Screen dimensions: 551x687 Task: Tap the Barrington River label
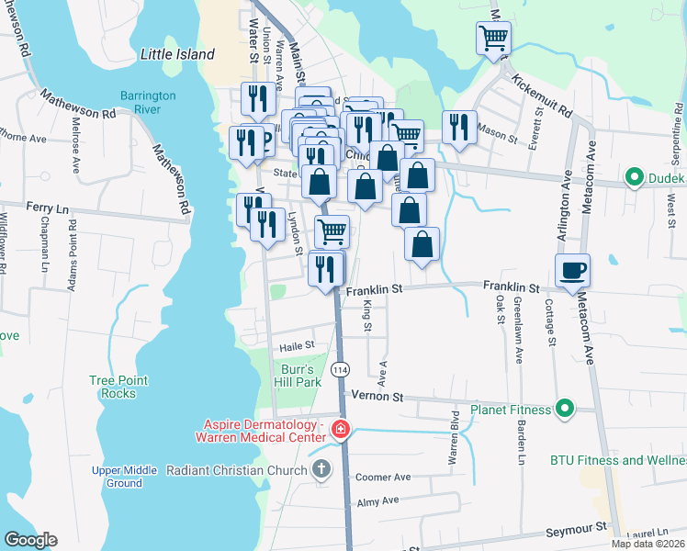click(141, 103)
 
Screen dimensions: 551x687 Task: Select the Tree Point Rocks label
click(114, 387)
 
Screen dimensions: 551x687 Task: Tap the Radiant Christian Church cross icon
click(321, 470)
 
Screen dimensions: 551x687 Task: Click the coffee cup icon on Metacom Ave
click(572, 270)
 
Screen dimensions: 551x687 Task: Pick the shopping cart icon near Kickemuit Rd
click(493, 38)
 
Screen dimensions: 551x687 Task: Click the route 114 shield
click(340, 369)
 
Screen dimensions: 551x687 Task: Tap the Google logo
click(30, 540)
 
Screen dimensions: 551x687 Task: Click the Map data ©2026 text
click(648, 544)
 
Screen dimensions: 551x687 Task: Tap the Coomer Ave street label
click(383, 477)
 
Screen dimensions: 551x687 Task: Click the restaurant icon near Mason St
click(458, 127)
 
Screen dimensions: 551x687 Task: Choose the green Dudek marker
click(633, 177)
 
